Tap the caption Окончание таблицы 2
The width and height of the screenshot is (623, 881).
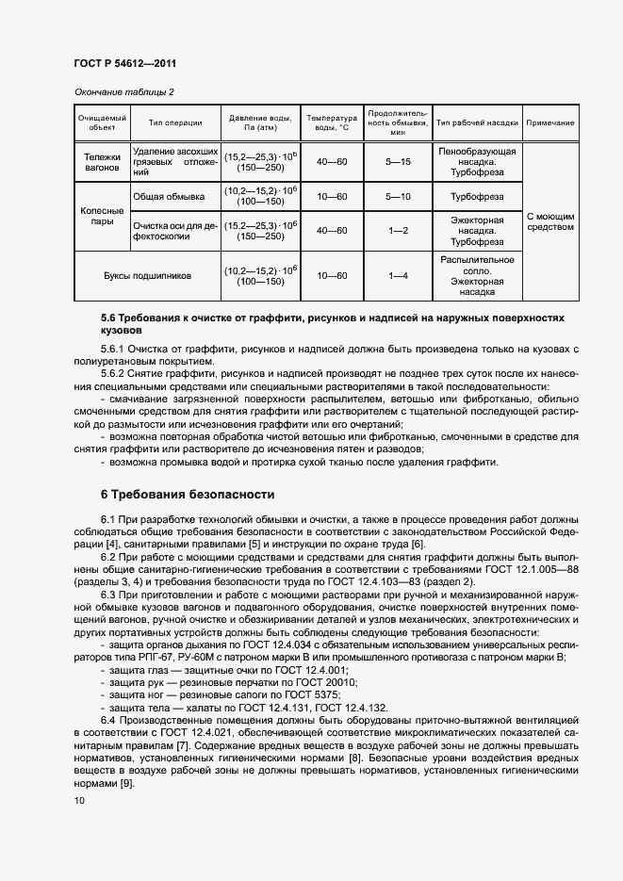(123, 91)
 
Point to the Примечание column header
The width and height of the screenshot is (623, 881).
(550, 122)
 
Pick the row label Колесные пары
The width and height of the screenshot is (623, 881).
(102, 218)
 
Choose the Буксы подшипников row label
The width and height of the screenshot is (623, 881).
(147, 276)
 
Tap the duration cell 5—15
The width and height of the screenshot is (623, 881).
(399, 162)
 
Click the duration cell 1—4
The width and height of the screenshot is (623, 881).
(399, 276)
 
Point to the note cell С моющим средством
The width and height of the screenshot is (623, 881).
(550, 220)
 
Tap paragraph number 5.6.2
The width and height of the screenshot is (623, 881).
(117, 374)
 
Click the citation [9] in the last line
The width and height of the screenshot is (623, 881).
(115, 784)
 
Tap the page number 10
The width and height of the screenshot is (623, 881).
(79, 800)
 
